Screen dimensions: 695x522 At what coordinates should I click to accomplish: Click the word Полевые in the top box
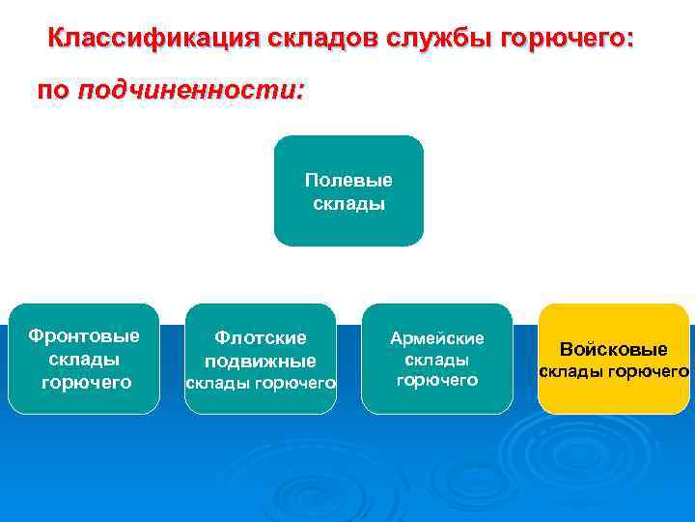[348, 181]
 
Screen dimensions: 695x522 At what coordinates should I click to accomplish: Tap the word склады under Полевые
[348, 203]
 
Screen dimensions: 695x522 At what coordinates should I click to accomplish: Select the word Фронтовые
[84, 336]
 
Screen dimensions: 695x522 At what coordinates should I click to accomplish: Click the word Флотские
[260, 337]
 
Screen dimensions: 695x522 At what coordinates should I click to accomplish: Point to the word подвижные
[260, 361]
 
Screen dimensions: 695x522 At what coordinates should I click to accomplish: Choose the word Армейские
[436, 338]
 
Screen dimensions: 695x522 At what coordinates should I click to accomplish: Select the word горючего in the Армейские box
[436, 380]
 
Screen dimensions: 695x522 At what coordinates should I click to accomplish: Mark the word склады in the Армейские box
[436, 360]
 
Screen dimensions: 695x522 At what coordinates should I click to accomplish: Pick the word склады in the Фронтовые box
[84, 359]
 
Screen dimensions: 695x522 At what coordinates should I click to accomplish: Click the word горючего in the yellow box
[647, 371]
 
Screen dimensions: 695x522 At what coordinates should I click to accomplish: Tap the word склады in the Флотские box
[219, 384]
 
